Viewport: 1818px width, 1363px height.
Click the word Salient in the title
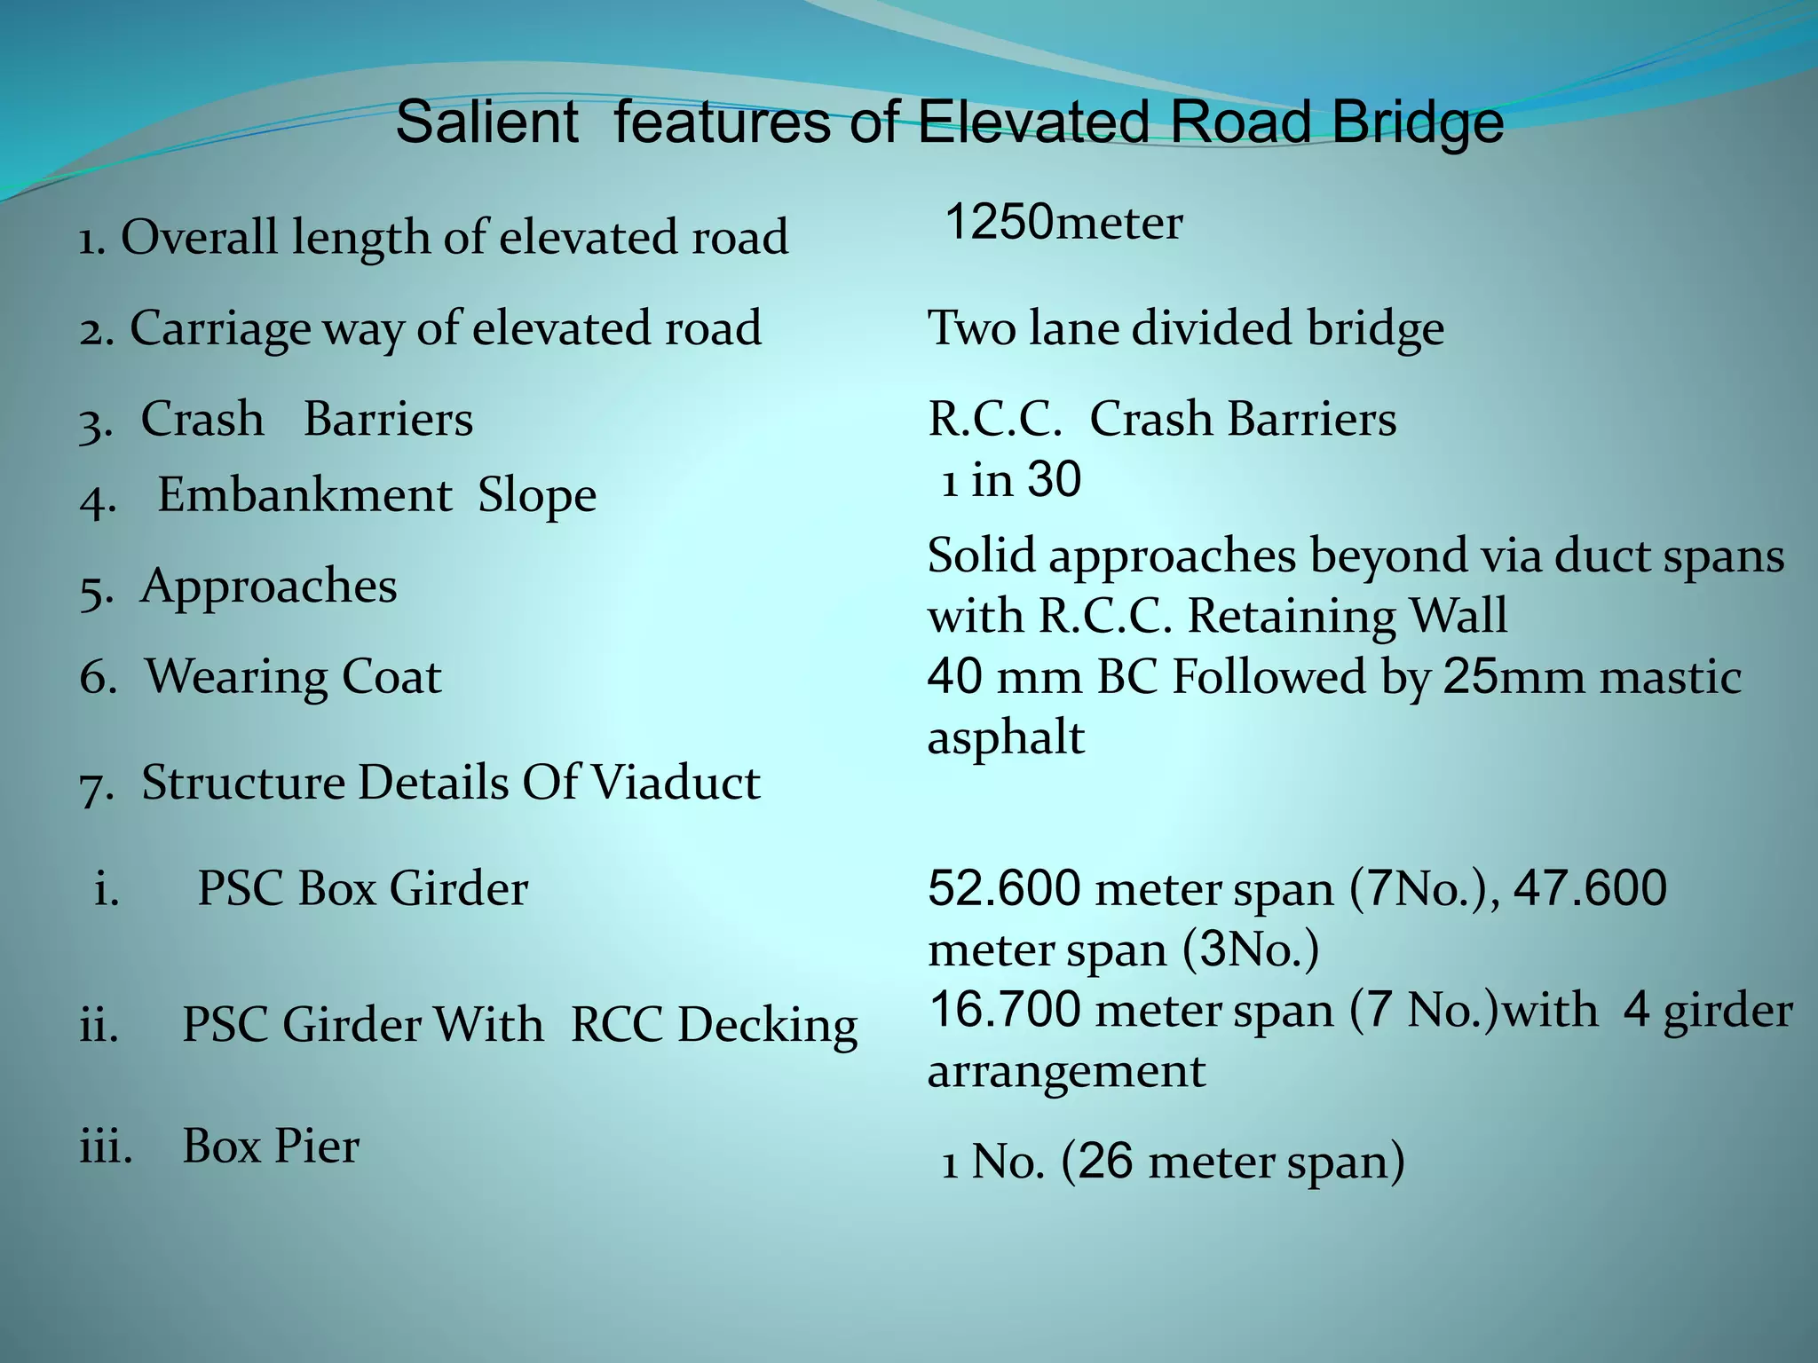click(x=486, y=122)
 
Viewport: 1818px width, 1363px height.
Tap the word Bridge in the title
click(x=1418, y=124)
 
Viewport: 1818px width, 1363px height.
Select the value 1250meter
click(x=1063, y=223)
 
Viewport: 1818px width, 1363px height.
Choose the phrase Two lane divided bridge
click(x=1185, y=328)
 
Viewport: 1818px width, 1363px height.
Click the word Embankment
click(x=304, y=495)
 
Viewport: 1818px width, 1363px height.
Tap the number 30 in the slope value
click(x=1054, y=480)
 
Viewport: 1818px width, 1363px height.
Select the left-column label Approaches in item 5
click(x=268, y=587)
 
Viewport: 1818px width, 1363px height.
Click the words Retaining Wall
click(x=1347, y=616)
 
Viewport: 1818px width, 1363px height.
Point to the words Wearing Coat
click(x=293, y=677)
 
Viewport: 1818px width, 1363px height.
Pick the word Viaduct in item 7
click(x=676, y=783)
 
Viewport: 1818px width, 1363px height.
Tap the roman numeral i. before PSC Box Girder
click(x=107, y=888)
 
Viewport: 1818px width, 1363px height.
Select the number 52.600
click(x=1004, y=888)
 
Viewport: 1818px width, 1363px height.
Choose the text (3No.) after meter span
click(x=1251, y=949)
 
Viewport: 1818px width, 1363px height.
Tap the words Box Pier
click(x=271, y=1146)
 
